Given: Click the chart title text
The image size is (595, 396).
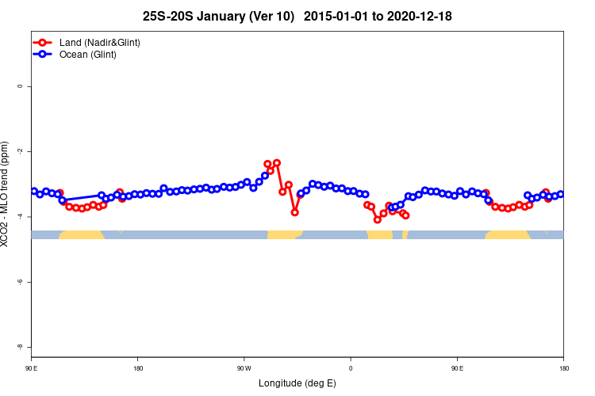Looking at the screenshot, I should (x=297, y=16).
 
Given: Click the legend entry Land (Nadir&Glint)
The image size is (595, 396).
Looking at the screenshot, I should (x=99, y=42).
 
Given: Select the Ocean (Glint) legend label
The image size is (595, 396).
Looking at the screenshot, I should (x=87, y=55).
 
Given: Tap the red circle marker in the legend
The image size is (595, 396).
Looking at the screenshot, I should (x=44, y=42).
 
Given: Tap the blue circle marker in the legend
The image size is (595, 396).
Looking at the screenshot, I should (x=44, y=55).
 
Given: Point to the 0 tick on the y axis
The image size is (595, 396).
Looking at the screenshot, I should (x=20, y=86).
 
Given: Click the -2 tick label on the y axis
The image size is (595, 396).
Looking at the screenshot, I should (x=20, y=151).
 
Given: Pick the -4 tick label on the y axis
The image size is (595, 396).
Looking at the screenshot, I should (x=20, y=217).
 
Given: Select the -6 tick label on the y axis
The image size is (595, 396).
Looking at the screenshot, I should (x=20, y=282).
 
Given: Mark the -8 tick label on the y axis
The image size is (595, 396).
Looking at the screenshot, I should (x=20, y=348).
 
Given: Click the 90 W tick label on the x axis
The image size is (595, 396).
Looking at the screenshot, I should (x=244, y=368).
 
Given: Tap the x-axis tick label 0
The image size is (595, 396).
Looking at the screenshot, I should (x=351, y=368).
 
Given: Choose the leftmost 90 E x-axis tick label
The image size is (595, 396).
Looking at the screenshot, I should (x=31, y=368).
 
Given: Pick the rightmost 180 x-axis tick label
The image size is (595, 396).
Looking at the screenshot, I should (x=563, y=368).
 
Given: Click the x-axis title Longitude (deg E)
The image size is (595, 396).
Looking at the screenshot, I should (x=297, y=383).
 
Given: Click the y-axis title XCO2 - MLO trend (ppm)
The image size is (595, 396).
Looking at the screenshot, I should (x=7, y=194).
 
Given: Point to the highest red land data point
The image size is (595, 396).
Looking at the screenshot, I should (x=277, y=162).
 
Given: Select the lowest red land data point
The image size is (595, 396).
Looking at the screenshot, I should (x=378, y=219).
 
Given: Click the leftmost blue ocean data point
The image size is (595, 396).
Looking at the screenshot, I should (x=34, y=191).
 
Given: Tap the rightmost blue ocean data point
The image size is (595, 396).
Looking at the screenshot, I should (x=561, y=194).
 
